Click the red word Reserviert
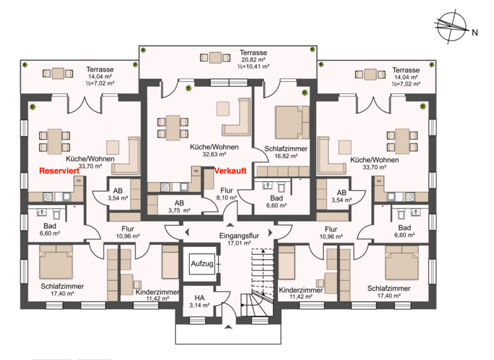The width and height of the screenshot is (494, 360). coord(60,172)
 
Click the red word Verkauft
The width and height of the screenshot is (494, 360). coord(230,172)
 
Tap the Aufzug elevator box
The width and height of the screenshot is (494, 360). coord(197,264)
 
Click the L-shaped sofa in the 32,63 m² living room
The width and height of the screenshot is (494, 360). coord(237,116)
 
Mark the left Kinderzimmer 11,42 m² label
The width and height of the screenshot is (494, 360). coord(157,294)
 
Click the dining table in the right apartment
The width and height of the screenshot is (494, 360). coord(401,139)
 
